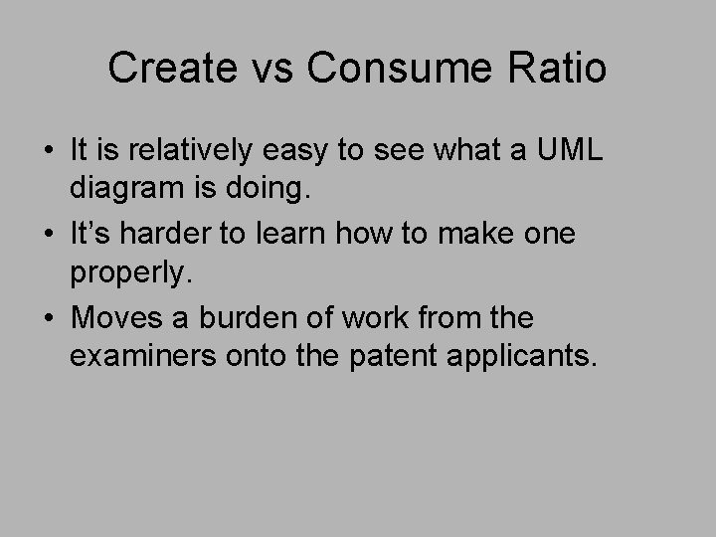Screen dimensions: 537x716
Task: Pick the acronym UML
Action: coord(571,150)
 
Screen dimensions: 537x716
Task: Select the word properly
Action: coord(127,272)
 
